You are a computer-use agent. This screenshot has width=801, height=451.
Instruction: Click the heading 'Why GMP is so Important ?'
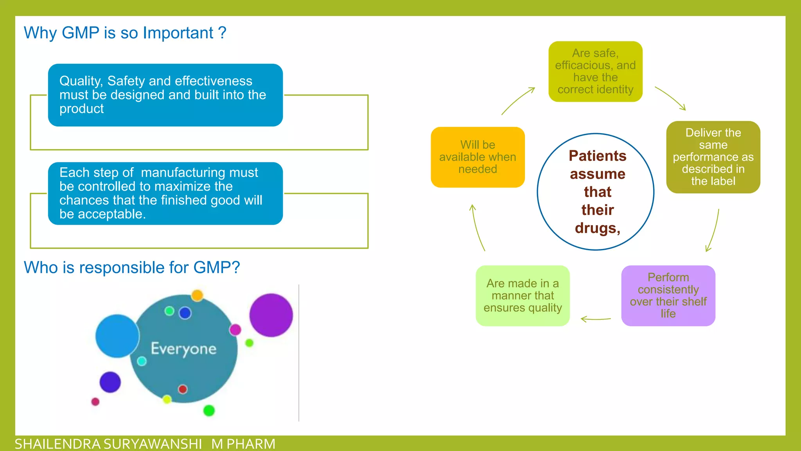[125, 33]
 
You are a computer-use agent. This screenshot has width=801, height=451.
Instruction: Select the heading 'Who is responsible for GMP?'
[131, 268]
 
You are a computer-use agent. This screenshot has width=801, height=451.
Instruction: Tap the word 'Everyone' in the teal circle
[183, 348]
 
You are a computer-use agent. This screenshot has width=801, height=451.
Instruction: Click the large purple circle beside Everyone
[271, 315]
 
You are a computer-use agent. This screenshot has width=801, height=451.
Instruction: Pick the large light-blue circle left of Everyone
[117, 336]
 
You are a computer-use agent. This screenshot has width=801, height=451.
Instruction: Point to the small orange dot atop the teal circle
[197, 295]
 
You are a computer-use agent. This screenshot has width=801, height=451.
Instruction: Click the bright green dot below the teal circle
[209, 410]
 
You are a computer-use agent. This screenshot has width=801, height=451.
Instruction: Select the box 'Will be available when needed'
[478, 157]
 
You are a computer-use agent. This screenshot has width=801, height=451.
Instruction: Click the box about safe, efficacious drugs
[595, 72]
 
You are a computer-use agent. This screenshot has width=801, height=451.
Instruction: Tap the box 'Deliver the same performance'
[713, 157]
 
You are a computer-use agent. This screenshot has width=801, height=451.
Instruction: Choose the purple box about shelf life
[668, 296]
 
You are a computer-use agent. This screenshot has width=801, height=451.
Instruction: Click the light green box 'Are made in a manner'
[523, 296]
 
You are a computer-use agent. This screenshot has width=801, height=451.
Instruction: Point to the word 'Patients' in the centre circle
[597, 156]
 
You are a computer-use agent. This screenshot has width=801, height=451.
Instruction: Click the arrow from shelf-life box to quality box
[595, 319]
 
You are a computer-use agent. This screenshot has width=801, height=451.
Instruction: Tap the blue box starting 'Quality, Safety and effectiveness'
[165, 95]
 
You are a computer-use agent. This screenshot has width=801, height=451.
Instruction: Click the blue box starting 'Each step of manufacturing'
[165, 193]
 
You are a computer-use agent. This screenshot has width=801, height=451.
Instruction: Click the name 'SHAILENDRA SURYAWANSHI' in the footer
[108, 444]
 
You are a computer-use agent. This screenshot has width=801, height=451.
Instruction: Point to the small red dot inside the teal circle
[183, 389]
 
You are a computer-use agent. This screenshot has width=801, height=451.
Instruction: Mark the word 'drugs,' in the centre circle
[597, 228]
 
